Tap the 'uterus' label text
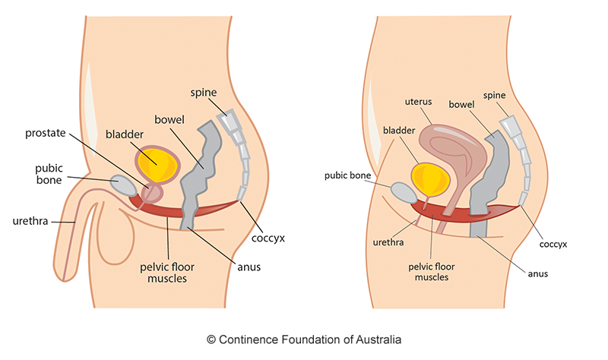(416, 100)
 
